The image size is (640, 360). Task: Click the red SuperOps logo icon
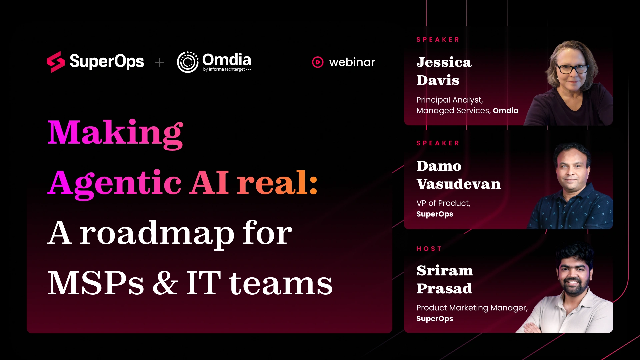56,62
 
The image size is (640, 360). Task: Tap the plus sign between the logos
160,62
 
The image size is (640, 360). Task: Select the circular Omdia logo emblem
188,62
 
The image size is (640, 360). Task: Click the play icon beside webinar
318,62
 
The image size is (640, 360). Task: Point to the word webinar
352,62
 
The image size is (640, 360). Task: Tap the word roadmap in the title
157,234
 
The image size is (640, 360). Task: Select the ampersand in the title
165,283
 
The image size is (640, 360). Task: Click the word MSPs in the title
96,283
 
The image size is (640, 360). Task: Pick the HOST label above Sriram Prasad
429,249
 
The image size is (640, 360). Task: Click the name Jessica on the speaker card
444,62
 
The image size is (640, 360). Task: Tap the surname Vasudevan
458,184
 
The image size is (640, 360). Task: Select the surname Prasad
444,288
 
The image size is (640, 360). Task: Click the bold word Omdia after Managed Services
505,111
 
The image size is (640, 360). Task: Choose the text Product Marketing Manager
472,308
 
